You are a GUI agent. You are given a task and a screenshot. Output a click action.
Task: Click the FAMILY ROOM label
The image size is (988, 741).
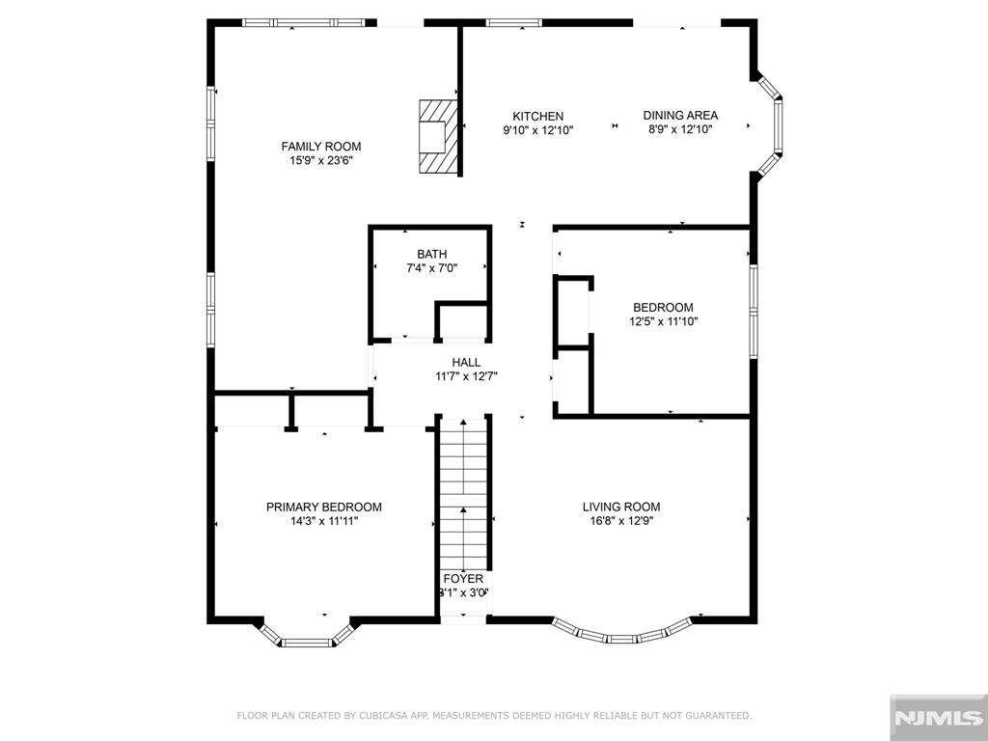pyautogui.click(x=320, y=147)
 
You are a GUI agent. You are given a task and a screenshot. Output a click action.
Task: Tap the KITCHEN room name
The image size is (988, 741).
pyautogui.click(x=537, y=117)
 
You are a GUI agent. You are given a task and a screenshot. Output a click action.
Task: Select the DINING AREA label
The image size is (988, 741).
pyautogui.click(x=680, y=116)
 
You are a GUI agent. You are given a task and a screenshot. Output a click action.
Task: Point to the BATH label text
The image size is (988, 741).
pyautogui.click(x=431, y=255)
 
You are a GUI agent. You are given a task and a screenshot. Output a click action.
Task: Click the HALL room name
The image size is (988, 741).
pyautogui.click(x=466, y=363)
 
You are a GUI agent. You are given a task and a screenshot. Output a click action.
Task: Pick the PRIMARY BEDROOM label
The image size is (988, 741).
pyautogui.click(x=324, y=508)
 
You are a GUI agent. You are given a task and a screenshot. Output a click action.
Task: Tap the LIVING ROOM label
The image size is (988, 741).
pyautogui.click(x=621, y=508)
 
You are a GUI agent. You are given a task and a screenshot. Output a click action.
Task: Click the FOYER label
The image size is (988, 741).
pyautogui.click(x=463, y=579)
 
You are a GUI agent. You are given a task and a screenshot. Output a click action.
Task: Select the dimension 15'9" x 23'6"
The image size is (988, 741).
pyautogui.click(x=320, y=161)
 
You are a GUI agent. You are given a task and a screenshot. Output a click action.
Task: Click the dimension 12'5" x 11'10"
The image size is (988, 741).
pyautogui.click(x=664, y=321)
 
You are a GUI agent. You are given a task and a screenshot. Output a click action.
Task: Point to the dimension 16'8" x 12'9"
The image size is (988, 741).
pyautogui.click(x=621, y=521)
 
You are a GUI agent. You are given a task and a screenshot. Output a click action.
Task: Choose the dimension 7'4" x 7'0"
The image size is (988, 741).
pyautogui.click(x=431, y=268)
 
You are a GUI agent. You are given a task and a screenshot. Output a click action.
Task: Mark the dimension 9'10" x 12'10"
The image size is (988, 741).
pyautogui.click(x=537, y=130)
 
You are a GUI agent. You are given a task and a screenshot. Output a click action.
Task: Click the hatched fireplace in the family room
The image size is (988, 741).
pyautogui.click(x=438, y=135)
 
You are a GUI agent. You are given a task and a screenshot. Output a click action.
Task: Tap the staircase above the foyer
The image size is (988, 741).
pyautogui.click(x=463, y=494)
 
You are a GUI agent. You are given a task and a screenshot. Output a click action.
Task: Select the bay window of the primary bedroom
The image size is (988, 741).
pyautogui.click(x=306, y=638)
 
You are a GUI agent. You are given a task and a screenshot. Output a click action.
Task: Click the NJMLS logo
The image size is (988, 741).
pyautogui.click(x=938, y=718)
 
